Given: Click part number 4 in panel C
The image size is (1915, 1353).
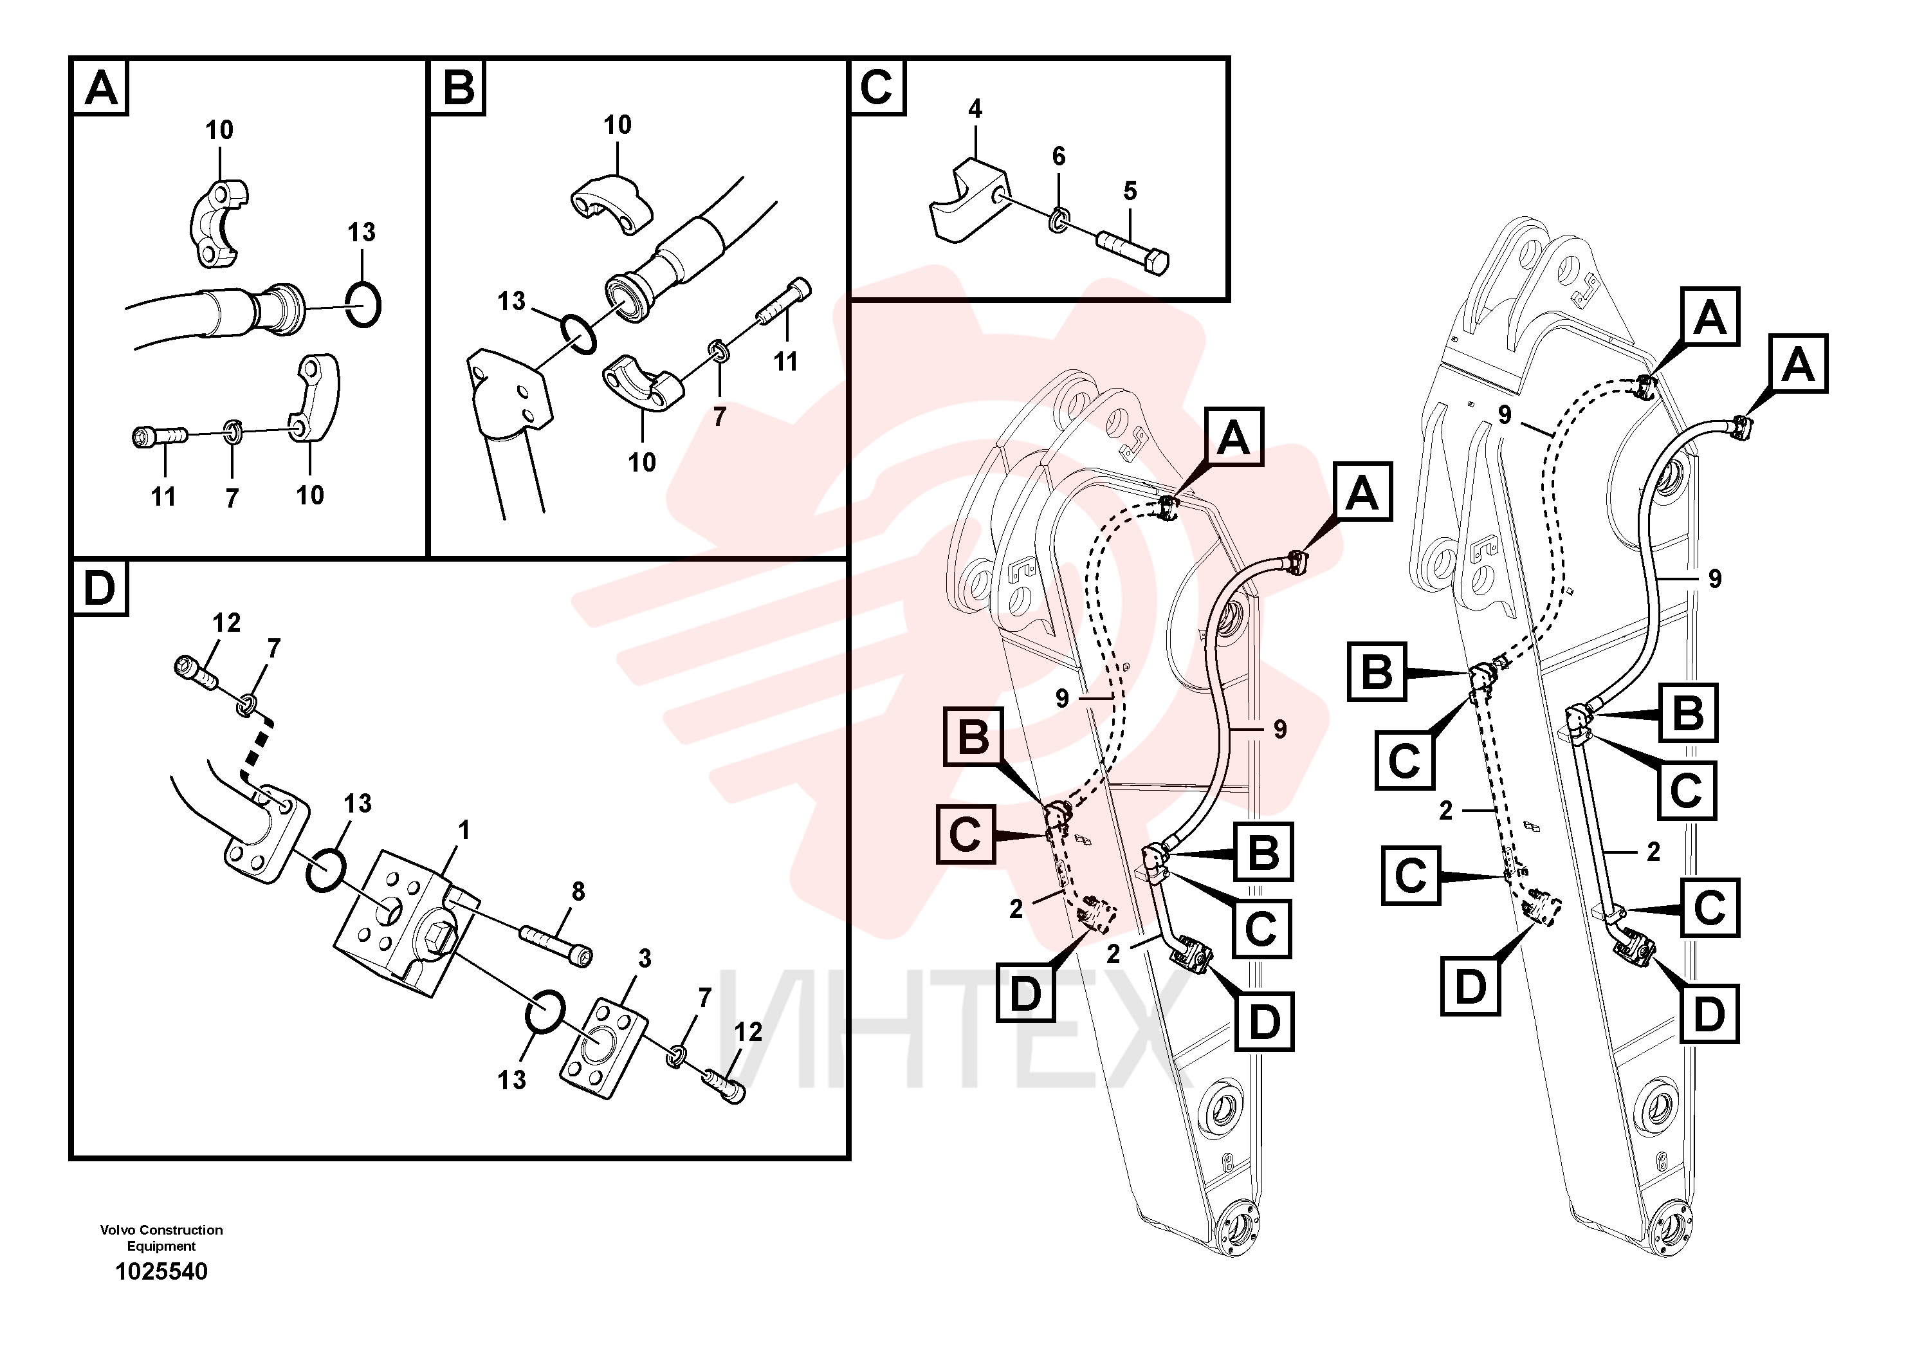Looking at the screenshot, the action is tap(974, 109).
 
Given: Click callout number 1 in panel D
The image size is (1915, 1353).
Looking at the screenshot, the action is tap(464, 830).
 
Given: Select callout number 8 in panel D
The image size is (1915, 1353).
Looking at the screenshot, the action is tap(578, 891).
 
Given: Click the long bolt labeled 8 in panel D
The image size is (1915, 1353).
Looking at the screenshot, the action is tap(556, 946).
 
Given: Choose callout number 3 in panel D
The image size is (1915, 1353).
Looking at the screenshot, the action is tap(644, 959).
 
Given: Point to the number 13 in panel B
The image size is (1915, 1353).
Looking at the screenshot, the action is tap(511, 300).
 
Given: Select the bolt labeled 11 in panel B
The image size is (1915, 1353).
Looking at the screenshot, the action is tap(784, 301).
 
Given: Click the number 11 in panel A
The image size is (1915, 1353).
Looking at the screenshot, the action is tap(163, 497).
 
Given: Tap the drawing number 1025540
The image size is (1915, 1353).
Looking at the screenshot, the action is tap(162, 1271).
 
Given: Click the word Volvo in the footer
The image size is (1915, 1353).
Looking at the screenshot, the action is tap(118, 1229).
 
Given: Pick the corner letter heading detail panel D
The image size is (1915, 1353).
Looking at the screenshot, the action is tap(99, 588).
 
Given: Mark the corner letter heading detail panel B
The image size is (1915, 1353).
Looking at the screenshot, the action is tap(457, 86).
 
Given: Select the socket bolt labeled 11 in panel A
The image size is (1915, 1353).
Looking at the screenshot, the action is tap(160, 436).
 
